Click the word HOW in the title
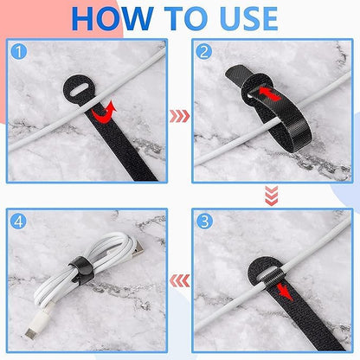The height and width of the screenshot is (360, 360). pos(112,18)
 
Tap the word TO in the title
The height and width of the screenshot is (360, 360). pos(185,18)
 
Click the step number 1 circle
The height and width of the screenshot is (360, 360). pos(18,51)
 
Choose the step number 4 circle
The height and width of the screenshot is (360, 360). pos(18,222)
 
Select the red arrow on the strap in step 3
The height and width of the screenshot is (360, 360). pos(275,286)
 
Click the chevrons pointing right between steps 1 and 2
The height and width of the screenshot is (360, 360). pos(179,112)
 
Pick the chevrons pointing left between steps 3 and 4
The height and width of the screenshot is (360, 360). pos(179,280)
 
